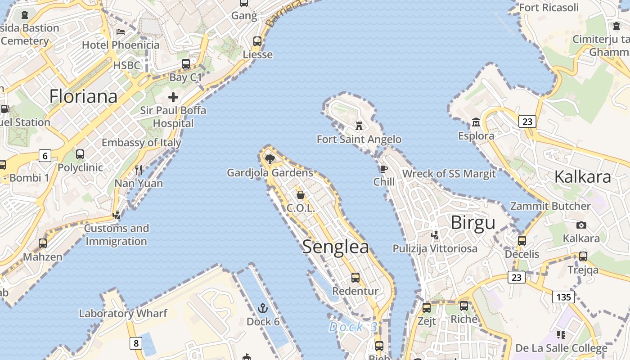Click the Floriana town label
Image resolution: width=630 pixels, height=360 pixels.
(x=83, y=96)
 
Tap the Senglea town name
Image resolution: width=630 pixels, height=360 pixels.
(x=335, y=247)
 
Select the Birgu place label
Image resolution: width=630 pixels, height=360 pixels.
(x=472, y=222)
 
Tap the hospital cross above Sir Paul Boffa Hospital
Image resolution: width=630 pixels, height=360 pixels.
(x=173, y=97)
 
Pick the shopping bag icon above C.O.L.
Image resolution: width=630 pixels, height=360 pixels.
(x=300, y=195)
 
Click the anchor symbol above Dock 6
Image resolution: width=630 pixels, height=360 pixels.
(x=263, y=308)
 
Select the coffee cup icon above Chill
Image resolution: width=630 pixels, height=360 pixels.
(x=383, y=169)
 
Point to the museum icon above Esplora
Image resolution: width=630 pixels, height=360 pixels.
(x=476, y=122)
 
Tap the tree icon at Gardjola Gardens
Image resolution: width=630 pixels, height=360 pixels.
(x=270, y=159)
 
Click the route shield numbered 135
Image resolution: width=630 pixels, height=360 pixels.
(x=563, y=297)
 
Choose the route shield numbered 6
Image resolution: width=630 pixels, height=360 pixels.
(x=45, y=156)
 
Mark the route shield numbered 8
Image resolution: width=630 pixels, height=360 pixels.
(x=135, y=343)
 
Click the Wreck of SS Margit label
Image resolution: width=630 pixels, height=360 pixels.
(x=449, y=174)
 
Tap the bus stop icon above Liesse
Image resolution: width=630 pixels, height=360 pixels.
(x=257, y=41)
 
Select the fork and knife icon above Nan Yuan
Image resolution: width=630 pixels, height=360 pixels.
(x=139, y=170)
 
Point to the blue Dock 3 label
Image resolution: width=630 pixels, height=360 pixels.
(x=353, y=327)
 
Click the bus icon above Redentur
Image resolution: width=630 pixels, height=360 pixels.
(x=355, y=278)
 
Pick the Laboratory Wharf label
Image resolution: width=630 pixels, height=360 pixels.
(x=123, y=313)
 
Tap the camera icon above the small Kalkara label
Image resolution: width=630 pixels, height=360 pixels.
(x=581, y=225)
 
